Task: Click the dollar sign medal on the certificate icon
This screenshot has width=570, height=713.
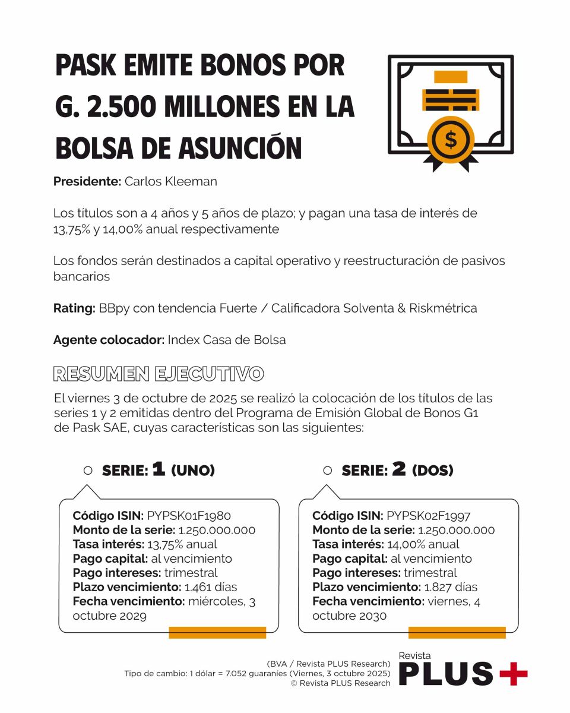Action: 451,140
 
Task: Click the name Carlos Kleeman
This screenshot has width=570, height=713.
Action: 170,182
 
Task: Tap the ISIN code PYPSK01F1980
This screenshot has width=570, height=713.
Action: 189,515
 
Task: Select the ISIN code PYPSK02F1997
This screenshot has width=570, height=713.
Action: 428,515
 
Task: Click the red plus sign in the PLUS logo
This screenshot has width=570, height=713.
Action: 513,674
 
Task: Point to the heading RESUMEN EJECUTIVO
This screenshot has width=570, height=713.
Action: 158,374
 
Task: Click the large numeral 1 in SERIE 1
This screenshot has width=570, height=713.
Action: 159,469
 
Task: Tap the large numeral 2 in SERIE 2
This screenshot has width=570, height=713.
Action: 398,469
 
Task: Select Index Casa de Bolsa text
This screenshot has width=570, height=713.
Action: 227,340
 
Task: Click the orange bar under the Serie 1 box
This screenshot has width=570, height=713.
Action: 217,633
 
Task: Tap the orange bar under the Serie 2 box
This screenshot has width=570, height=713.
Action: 457,633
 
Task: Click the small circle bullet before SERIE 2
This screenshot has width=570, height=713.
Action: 327,470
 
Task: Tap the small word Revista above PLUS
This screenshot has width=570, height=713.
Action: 414,655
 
